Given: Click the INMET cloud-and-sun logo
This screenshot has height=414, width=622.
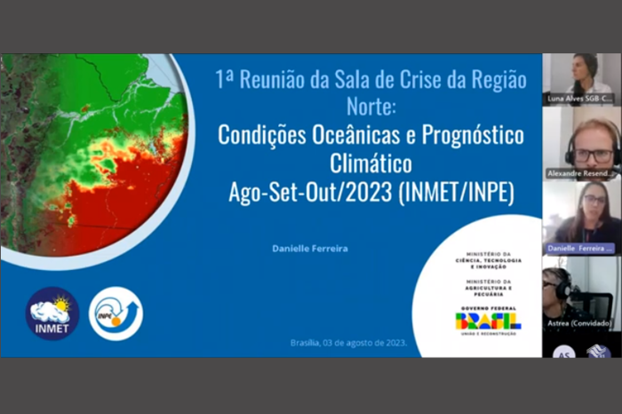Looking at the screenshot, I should pyautogui.click(x=52, y=313).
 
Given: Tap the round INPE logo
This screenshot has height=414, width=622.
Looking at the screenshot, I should pyautogui.click(x=116, y=313).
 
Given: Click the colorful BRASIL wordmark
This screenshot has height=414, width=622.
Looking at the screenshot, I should pyautogui.click(x=488, y=321).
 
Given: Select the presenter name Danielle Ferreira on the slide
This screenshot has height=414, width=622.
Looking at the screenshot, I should pyautogui.click(x=310, y=249).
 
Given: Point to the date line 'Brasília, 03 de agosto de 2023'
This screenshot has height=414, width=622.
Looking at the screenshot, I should pyautogui.click(x=348, y=343).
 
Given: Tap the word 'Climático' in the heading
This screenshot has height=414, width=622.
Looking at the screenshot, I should pyautogui.click(x=371, y=164).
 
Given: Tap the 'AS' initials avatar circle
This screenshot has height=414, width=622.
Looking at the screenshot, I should pyautogui.click(x=563, y=352).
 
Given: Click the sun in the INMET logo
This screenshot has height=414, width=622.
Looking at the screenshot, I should pyautogui.click(x=60, y=305).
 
